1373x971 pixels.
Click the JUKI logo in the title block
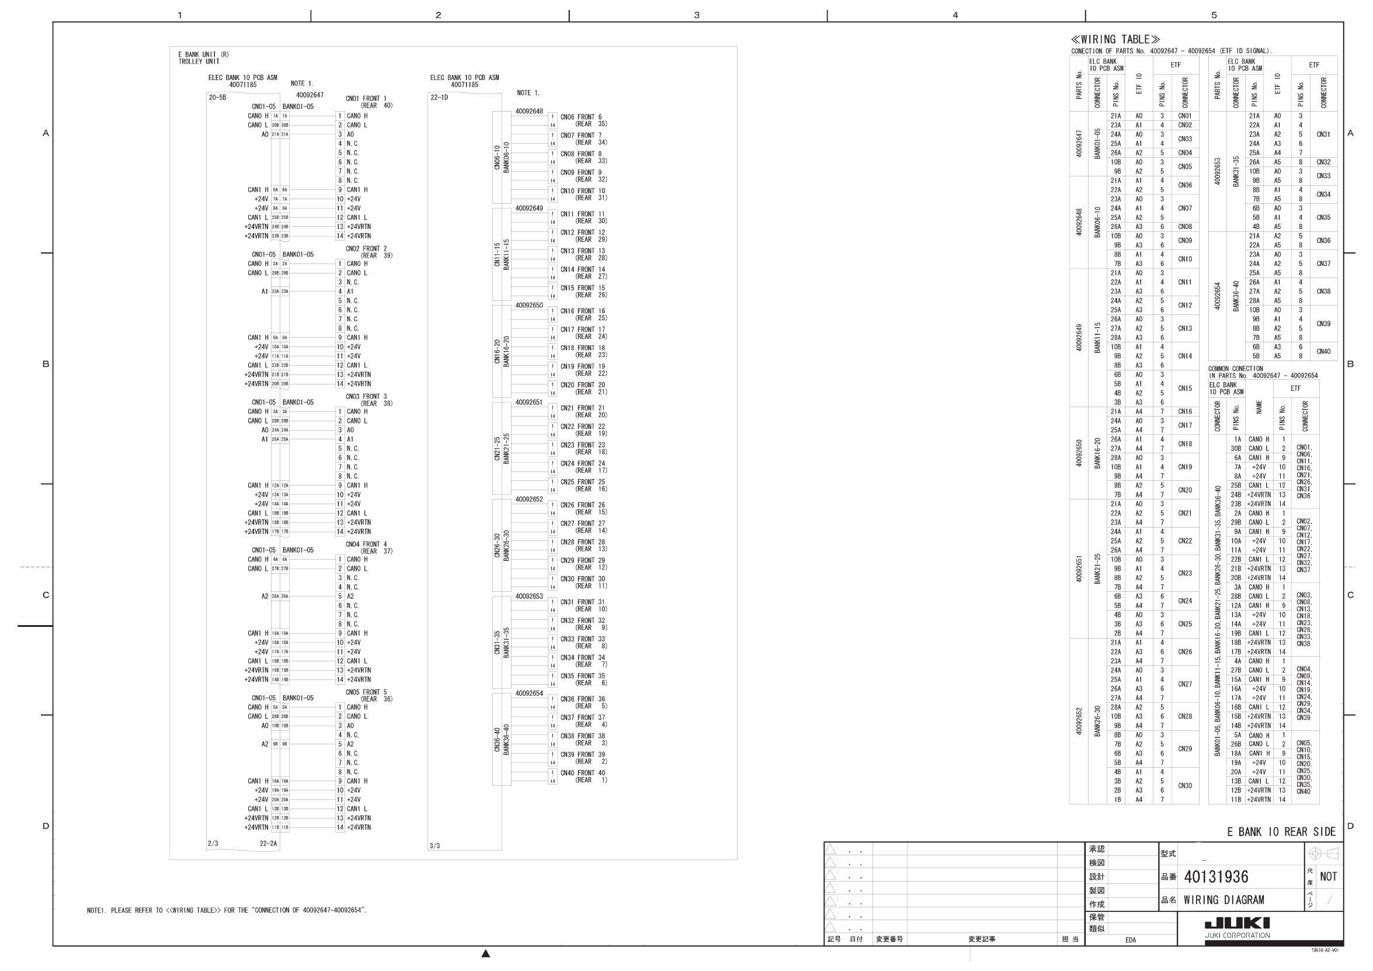[x=1237, y=924]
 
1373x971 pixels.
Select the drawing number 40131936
[x=1216, y=877]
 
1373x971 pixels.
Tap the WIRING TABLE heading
[x=1115, y=40]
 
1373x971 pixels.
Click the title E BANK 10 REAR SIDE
[x=1281, y=831]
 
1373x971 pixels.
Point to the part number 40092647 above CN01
[x=309, y=95]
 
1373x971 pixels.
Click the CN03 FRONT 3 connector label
[x=366, y=397]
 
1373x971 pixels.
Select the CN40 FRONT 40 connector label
[x=582, y=773]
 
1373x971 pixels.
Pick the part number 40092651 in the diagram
[x=529, y=403]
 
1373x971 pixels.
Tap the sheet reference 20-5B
[x=217, y=98]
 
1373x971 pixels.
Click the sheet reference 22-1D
[x=439, y=98]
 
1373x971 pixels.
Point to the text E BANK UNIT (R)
[x=203, y=54]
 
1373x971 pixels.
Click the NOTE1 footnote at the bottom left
[x=227, y=911]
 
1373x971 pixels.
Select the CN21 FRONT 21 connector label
[x=582, y=408]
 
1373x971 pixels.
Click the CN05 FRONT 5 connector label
[x=366, y=692]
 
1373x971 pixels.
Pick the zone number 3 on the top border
[x=697, y=15]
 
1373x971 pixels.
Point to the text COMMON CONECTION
[x=1235, y=369]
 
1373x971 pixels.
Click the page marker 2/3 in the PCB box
[x=213, y=844]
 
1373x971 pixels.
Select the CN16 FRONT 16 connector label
[x=582, y=311]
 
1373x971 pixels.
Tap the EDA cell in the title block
[x=1130, y=940]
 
